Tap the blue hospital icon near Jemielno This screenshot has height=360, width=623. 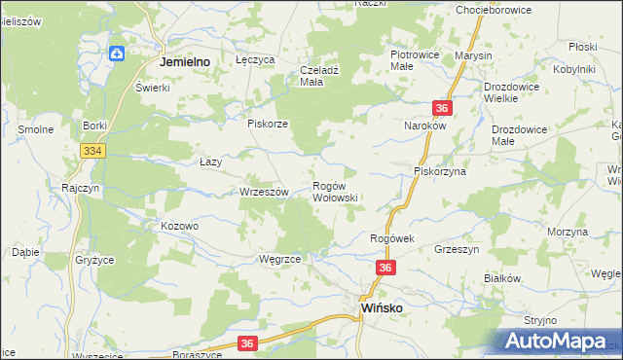[118, 54]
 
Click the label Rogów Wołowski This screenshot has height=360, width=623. [336, 192]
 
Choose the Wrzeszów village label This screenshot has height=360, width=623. [265, 193]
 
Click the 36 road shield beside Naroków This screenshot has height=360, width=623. [443, 109]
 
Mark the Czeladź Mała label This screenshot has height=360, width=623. [325, 76]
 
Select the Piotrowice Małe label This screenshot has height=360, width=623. [416, 61]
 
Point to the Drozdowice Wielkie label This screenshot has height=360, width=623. [514, 91]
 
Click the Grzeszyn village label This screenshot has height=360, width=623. [457, 248]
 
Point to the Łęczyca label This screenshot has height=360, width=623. [256, 59]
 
